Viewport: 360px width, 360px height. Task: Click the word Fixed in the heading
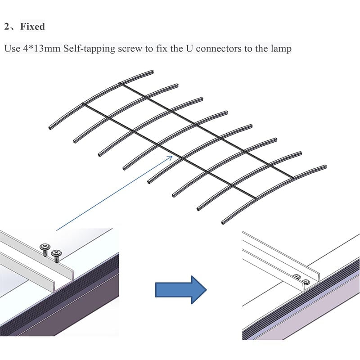coord(33,27)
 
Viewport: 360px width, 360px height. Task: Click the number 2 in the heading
coord(7,27)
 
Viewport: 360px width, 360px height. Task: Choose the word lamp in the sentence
coord(282,48)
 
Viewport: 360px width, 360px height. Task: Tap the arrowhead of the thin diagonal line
coord(171,156)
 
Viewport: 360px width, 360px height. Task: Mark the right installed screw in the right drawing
coord(306,282)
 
